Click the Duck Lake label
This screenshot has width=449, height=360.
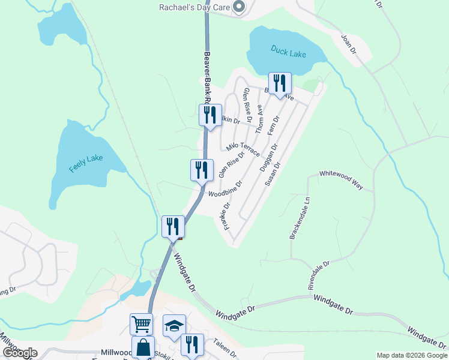point(288,52)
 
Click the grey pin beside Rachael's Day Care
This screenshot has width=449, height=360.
point(239,7)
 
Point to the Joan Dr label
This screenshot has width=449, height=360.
point(349,45)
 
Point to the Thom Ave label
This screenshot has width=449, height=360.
point(260,119)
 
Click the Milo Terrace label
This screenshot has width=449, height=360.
point(243,149)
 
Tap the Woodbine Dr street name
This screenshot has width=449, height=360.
point(225,188)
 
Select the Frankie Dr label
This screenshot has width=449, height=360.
point(225,215)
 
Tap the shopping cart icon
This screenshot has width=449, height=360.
point(141,325)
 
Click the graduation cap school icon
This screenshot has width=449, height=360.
point(174,326)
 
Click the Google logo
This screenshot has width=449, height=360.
point(20,353)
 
